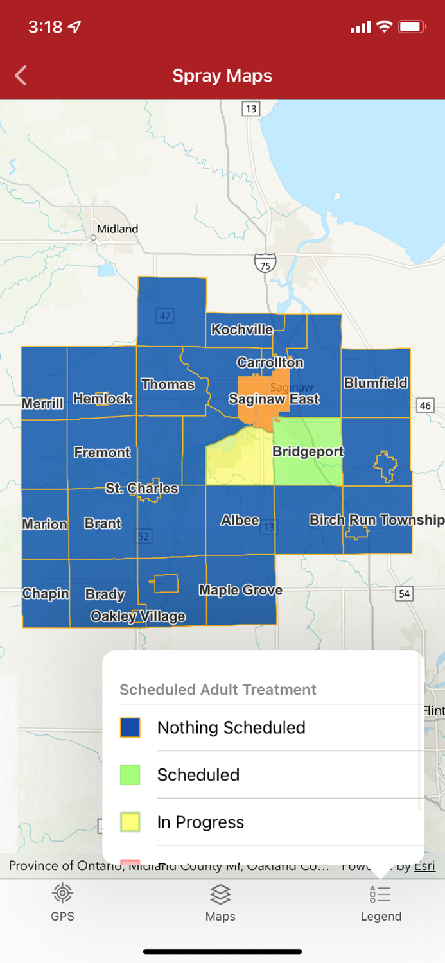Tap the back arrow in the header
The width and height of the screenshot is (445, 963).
pyautogui.click(x=21, y=76)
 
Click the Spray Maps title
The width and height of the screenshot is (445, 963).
pyautogui.click(x=222, y=76)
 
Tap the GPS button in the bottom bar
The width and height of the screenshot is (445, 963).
pyautogui.click(x=62, y=902)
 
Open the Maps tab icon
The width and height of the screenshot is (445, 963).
pyautogui.click(x=220, y=902)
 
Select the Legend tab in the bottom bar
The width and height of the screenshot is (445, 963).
pyautogui.click(x=381, y=902)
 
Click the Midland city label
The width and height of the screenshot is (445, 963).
pyautogui.click(x=118, y=229)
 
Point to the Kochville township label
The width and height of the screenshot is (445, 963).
pyautogui.click(x=242, y=330)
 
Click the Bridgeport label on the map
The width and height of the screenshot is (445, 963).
pyautogui.click(x=308, y=452)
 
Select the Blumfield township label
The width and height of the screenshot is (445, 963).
pyautogui.click(x=376, y=383)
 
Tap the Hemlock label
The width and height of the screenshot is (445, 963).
pyautogui.click(x=103, y=399)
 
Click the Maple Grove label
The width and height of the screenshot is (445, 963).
pyautogui.click(x=240, y=590)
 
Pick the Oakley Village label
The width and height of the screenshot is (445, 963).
pyautogui.click(x=138, y=617)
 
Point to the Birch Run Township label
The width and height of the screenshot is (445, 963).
pyautogui.click(x=376, y=520)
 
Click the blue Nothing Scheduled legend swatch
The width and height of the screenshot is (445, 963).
pyautogui.click(x=130, y=727)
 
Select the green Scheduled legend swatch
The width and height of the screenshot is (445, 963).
pyautogui.click(x=130, y=775)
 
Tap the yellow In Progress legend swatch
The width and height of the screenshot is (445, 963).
pyautogui.click(x=130, y=822)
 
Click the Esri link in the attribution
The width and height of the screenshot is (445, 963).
pyautogui.click(x=424, y=866)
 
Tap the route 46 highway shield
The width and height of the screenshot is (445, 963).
pyautogui.click(x=424, y=406)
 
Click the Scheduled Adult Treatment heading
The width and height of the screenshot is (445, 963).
pyautogui.click(x=218, y=690)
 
